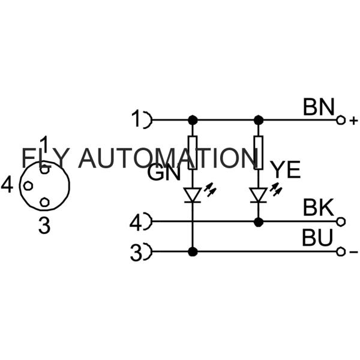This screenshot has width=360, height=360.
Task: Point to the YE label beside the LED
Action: click(284, 171)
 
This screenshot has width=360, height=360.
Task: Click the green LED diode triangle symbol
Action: click(193, 194)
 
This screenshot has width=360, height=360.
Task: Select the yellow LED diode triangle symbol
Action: click(259, 194)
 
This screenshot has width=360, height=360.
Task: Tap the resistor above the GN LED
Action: click(193, 152)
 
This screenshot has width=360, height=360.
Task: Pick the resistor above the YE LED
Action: click(259, 152)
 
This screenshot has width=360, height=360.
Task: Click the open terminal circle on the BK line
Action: click(341, 222)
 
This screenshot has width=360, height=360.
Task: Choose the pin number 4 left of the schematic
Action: click(136, 223)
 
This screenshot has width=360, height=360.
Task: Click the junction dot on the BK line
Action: click(259, 222)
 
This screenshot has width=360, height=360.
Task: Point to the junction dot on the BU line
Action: click(193, 251)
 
